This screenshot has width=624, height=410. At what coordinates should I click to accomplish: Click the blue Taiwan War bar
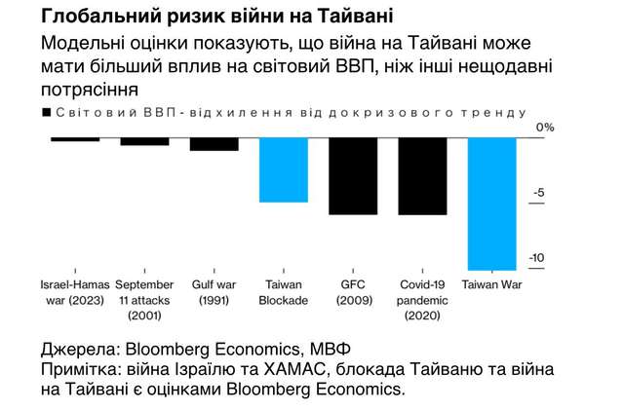(492, 203)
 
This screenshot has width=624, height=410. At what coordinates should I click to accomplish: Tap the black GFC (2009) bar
(353, 175)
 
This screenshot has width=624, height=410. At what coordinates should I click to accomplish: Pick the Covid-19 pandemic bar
(423, 175)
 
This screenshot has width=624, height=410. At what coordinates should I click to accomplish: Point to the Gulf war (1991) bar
(214, 144)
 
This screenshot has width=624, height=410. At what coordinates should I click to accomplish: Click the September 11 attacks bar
(144, 141)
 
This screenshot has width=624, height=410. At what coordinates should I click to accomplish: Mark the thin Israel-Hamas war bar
(75, 139)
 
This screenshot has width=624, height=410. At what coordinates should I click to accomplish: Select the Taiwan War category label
(492, 286)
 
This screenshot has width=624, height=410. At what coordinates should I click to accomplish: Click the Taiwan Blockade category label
(284, 293)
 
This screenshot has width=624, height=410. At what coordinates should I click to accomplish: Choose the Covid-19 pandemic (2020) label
(423, 301)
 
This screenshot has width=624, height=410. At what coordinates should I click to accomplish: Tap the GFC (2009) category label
(353, 293)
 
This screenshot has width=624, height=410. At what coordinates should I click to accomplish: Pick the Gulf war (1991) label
(214, 293)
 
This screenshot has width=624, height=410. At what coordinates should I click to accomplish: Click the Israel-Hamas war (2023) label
(75, 293)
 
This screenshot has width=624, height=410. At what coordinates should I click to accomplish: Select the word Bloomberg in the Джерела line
(168, 349)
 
